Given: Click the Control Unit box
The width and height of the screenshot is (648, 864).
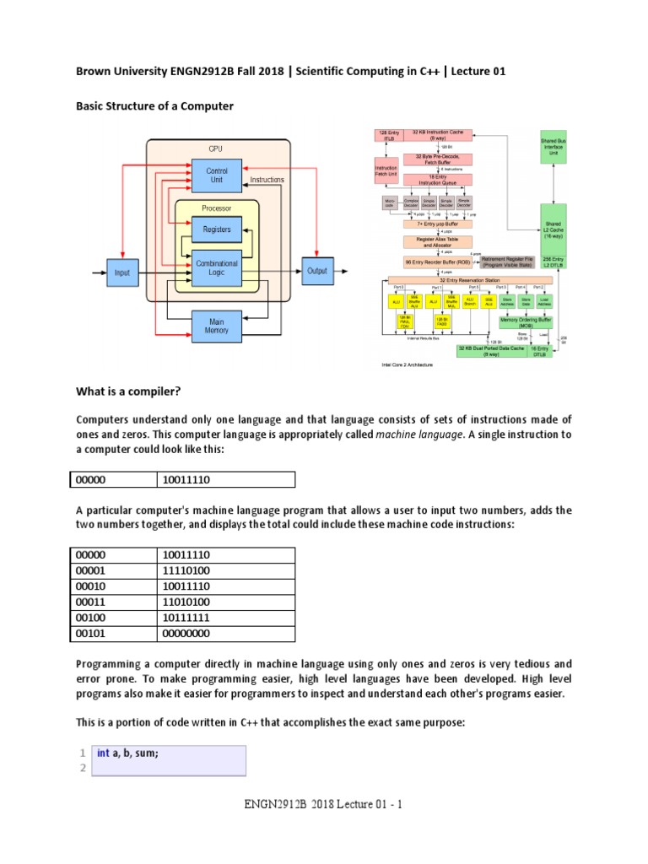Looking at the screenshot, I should click(217, 176).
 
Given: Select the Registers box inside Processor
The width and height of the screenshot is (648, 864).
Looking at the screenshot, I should click(217, 229).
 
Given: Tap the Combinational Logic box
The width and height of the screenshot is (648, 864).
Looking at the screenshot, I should click(217, 269).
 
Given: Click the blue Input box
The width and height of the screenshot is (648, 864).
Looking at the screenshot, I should click(123, 273).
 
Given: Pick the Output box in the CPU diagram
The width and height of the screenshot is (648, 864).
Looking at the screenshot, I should click(316, 271).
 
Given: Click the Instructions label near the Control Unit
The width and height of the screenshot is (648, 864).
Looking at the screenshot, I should click(267, 180).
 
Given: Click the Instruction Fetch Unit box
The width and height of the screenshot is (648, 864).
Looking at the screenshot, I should click(385, 172).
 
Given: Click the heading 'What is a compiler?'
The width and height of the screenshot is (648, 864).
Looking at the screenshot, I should click(129, 392).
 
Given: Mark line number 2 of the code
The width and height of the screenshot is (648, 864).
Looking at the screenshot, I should click(82, 768).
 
